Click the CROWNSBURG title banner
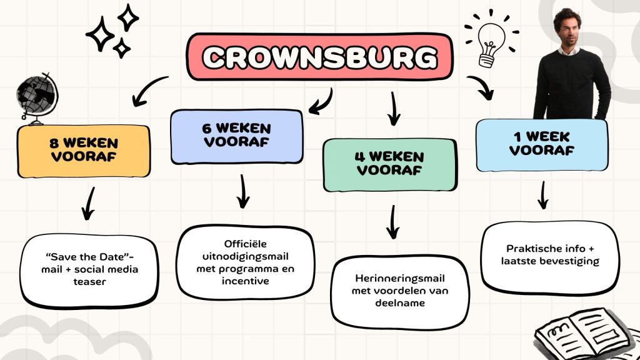(319, 57)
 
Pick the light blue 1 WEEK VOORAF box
(542, 144)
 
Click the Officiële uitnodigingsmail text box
(245, 262)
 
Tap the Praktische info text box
(551, 255)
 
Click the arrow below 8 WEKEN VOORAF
(88, 204)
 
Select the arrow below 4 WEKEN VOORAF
(392, 221)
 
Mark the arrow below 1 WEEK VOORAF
(543, 195)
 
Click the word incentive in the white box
(245, 281)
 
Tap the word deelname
(400, 303)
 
